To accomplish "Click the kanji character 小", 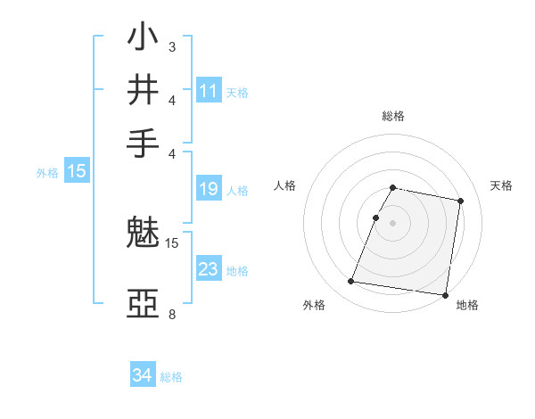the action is [144, 39].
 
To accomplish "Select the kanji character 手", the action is [144, 143].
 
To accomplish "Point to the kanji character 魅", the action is [144, 234].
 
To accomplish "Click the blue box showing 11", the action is [209, 91].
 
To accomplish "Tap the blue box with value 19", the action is [209, 189].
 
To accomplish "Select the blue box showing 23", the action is [209, 269].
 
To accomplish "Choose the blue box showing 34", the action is [143, 375].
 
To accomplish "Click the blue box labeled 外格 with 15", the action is [77, 171].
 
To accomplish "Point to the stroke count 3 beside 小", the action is [171, 46].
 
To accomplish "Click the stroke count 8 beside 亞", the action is [171, 314].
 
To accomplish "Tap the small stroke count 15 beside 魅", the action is [172, 242].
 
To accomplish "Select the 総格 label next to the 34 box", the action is [171, 377].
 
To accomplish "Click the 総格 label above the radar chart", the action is [393, 116].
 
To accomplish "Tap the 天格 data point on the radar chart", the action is [460, 201].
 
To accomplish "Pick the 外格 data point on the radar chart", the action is [350, 282].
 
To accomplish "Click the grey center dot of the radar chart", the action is [393, 222].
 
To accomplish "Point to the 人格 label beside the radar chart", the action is [285, 185].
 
